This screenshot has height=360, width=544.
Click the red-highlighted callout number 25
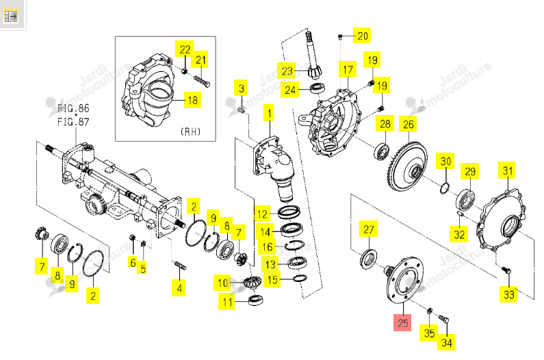(x=402, y=322)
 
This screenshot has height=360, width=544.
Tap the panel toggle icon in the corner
(x=11, y=16)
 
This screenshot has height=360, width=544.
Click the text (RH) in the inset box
(x=190, y=131)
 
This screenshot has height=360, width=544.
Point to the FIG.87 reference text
(x=73, y=123)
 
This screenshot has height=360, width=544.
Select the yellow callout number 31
(x=507, y=170)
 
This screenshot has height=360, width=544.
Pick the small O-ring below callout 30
(x=444, y=188)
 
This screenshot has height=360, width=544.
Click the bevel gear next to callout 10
(x=252, y=282)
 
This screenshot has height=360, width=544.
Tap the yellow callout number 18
(x=192, y=101)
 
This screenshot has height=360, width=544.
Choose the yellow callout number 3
(x=241, y=88)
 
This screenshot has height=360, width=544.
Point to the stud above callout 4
(x=179, y=266)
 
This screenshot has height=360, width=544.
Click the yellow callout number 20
(x=362, y=36)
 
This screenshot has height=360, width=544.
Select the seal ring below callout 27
(x=368, y=259)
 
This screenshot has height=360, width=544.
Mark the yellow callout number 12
(x=262, y=214)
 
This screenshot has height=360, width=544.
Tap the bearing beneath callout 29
(x=465, y=199)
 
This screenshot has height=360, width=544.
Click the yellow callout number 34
(x=446, y=343)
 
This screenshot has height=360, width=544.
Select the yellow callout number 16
(x=268, y=247)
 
